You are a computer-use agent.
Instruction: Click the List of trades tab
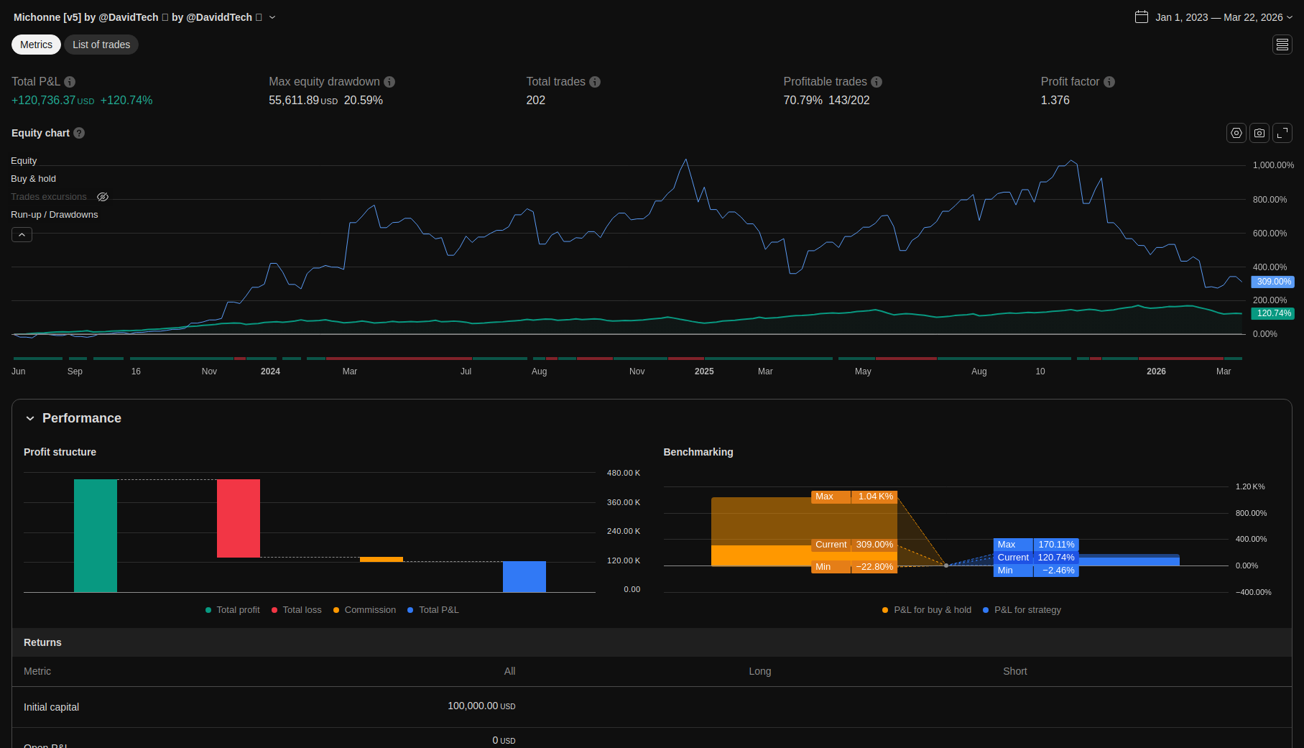tap(101, 45)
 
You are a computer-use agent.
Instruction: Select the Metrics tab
tap(36, 45)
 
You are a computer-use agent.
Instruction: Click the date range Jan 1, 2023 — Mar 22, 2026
tap(1213, 17)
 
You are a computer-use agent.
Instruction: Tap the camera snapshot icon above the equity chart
tap(1259, 133)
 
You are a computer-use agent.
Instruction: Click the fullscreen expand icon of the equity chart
tap(1282, 133)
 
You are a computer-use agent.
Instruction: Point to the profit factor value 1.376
tap(1055, 101)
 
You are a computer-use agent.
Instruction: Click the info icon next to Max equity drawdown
tap(389, 82)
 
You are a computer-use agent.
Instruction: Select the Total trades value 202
tap(535, 101)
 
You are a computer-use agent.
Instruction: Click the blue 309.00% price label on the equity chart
tap(1273, 282)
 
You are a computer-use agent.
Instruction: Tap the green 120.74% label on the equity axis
tap(1273, 313)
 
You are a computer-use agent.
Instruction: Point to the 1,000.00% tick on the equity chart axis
tap(1273, 165)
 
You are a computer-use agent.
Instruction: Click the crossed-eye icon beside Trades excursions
tap(103, 197)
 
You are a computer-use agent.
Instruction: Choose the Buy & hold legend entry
tap(33, 179)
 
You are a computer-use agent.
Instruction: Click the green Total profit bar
tap(96, 535)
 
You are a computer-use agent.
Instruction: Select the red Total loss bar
tap(239, 518)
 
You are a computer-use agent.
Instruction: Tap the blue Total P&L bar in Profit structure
tap(524, 576)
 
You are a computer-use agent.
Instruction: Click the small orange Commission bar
tap(382, 559)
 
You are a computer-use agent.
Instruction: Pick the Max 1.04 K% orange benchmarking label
tap(854, 497)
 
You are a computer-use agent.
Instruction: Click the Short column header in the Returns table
tap(1014, 671)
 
